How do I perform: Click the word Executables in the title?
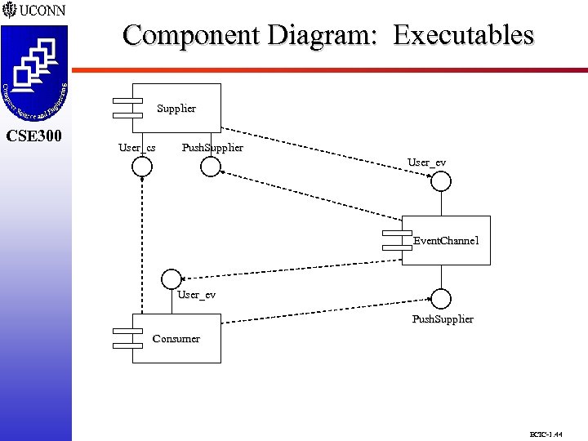tap(463, 35)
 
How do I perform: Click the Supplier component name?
tap(176, 108)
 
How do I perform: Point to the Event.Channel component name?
tap(446, 241)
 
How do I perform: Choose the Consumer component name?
tap(176, 338)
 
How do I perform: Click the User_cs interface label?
tap(137, 148)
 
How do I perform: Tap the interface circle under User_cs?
tap(142, 167)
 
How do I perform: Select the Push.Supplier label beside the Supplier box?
tap(212, 148)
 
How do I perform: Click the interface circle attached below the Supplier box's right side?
tap(211, 167)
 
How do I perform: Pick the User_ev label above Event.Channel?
tap(426, 163)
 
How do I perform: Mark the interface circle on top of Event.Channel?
tap(441, 181)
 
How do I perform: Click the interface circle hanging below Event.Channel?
tap(441, 298)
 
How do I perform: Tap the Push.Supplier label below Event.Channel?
tap(443, 318)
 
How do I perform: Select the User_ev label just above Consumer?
tap(196, 294)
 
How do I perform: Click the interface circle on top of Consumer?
tap(171, 278)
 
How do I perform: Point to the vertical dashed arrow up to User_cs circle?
tap(141, 245)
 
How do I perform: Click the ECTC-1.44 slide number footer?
tap(546, 434)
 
